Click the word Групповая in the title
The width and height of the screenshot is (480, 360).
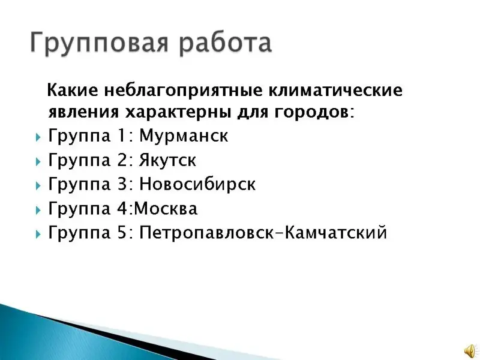point(99,42)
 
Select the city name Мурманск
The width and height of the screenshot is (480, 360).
point(184,136)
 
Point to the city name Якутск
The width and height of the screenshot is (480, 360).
point(167,160)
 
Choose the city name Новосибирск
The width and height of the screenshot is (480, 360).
point(197,184)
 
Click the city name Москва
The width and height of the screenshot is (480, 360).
point(166,208)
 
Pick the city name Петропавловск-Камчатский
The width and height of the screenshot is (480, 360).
point(263,232)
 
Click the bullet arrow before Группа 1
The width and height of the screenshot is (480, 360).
point(38,137)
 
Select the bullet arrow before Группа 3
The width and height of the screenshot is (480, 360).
point(38,185)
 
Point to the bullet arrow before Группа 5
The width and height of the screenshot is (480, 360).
point(38,234)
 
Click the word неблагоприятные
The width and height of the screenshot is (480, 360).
point(184,91)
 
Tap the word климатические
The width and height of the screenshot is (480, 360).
point(335,91)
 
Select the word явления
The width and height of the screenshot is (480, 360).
point(83,112)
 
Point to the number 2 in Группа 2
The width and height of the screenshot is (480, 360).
point(122,160)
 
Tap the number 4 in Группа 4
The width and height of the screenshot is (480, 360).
point(123,208)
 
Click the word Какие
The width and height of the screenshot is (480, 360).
point(73,91)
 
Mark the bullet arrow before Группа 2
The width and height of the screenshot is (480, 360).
point(38,161)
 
